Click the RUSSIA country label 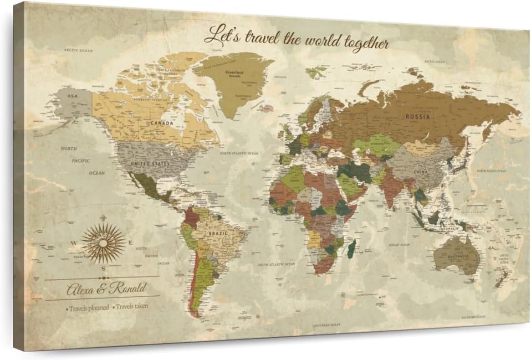pyautogui.click(x=418, y=116)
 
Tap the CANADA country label pyautogui.click(x=162, y=123)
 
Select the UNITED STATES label pyautogui.click(x=150, y=164)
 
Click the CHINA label pyautogui.click(x=420, y=172)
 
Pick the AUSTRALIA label pyautogui.click(x=458, y=257)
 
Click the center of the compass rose pyautogui.click(x=103, y=243)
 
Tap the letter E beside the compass pyautogui.click(x=131, y=243)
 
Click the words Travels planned pyautogui.click(x=89, y=308)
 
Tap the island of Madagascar pyautogui.click(x=352, y=249)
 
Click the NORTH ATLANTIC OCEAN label pyautogui.click(x=239, y=154)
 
